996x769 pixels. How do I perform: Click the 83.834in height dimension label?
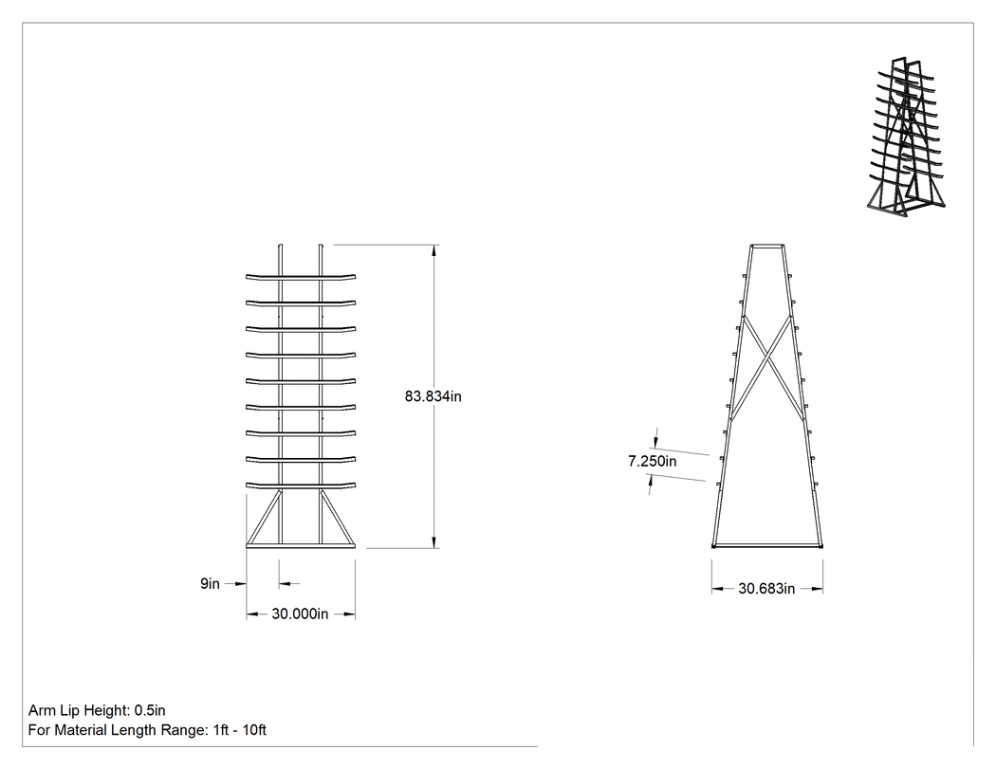tap(433, 396)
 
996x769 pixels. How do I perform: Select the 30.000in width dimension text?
tap(300, 614)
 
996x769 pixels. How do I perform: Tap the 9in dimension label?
tap(210, 583)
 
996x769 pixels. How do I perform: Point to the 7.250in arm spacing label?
tap(653, 462)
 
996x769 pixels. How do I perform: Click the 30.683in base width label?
tap(766, 589)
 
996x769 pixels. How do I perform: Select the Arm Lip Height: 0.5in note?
tap(97, 710)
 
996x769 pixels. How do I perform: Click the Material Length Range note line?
tap(147, 730)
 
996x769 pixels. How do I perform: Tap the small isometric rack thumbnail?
tap(906, 137)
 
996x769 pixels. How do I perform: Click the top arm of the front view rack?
tap(301, 277)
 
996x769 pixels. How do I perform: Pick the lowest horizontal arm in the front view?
tap(301, 485)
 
